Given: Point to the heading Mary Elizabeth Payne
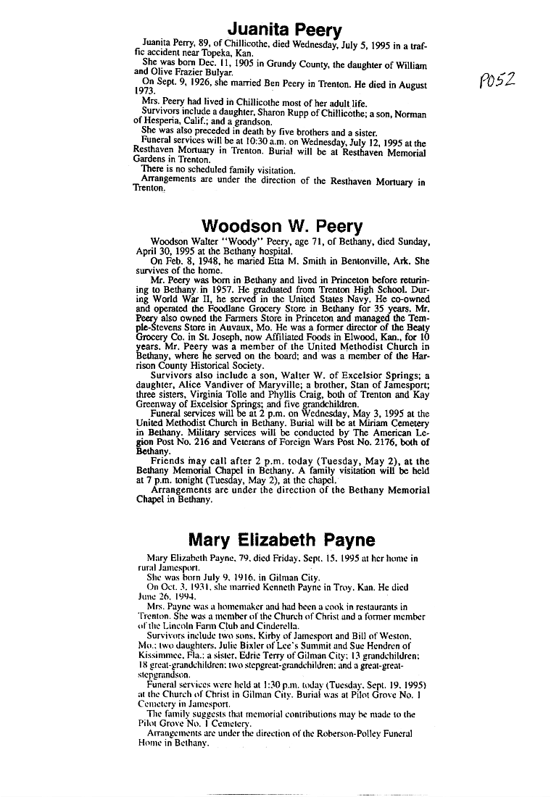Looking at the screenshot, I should [281, 540].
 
